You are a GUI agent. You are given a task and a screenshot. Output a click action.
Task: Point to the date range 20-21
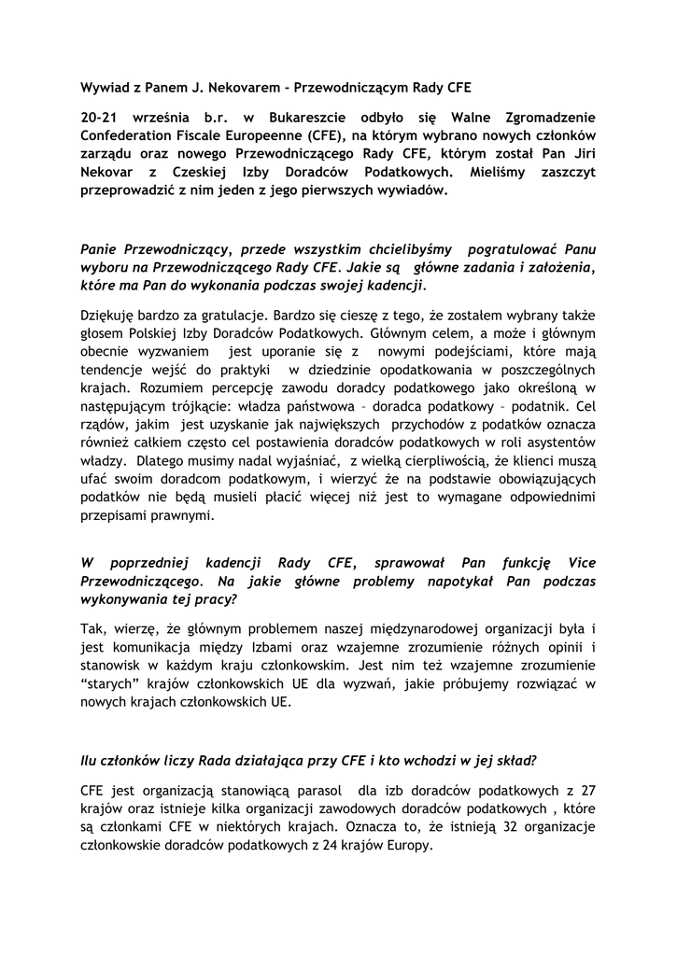(104, 119)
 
